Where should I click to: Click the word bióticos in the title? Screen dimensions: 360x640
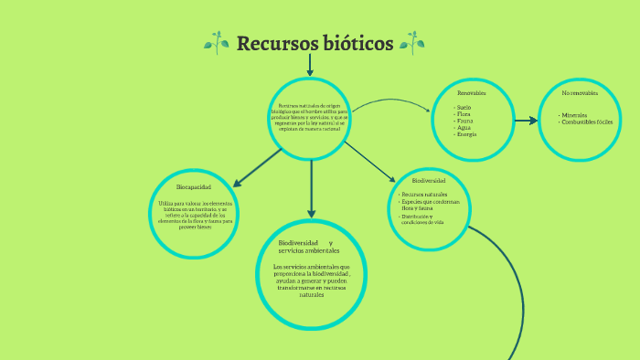click(x=352, y=43)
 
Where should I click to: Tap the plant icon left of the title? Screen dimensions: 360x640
click(x=217, y=42)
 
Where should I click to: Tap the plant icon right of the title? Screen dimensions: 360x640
click(x=411, y=42)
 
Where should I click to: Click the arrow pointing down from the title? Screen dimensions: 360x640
click(x=311, y=65)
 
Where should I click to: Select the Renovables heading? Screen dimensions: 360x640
click(x=471, y=93)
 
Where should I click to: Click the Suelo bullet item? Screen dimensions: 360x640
click(x=464, y=107)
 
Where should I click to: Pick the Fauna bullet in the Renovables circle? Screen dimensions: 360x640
click(x=465, y=121)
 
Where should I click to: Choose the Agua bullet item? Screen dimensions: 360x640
click(x=464, y=128)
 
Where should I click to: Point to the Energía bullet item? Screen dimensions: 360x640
click(x=466, y=134)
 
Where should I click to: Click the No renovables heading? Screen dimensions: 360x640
click(x=579, y=93)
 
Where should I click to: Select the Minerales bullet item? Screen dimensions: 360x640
click(x=575, y=115)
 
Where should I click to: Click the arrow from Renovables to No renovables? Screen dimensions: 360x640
click(x=526, y=120)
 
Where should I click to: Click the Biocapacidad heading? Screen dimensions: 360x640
click(x=193, y=186)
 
